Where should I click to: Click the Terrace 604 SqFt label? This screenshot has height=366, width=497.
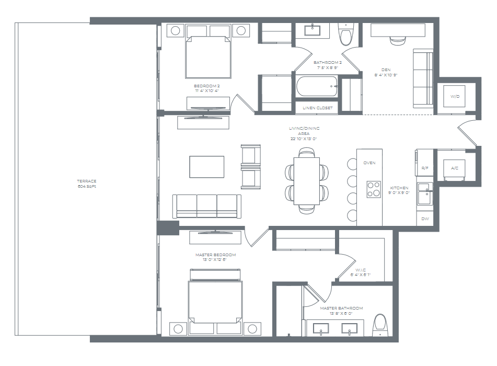pos(87,184)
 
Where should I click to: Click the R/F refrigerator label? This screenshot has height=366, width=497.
pos(425,168)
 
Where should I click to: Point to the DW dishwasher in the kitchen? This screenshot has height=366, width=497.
pos(425,219)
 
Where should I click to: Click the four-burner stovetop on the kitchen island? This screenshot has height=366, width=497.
pos(374,188)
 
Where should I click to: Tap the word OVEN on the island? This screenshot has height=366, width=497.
pos(369,163)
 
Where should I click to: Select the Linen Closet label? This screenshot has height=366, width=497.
pos(317,108)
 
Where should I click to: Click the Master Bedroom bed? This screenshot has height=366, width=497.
pos(215,301)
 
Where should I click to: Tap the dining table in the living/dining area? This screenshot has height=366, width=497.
pos(307,180)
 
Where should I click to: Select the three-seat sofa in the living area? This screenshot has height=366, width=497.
pos(207,205)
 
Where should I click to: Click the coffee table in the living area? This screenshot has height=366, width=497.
pos(206,167)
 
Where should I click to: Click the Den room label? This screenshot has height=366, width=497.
pos(386,72)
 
